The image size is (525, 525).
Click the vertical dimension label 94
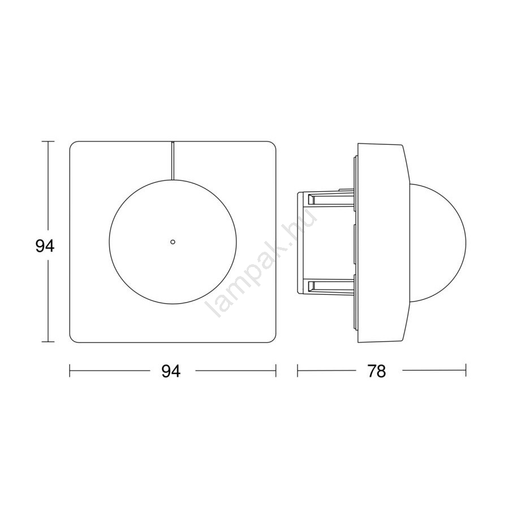coord(45,247)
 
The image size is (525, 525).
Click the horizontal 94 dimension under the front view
coord(171,371)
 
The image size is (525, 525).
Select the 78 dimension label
coord(376,371)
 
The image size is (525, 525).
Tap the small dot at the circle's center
coord(173,242)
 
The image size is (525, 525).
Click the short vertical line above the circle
coord(173,161)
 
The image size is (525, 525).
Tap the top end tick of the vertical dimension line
coord(48,142)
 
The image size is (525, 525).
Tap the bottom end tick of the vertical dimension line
coord(48,342)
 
